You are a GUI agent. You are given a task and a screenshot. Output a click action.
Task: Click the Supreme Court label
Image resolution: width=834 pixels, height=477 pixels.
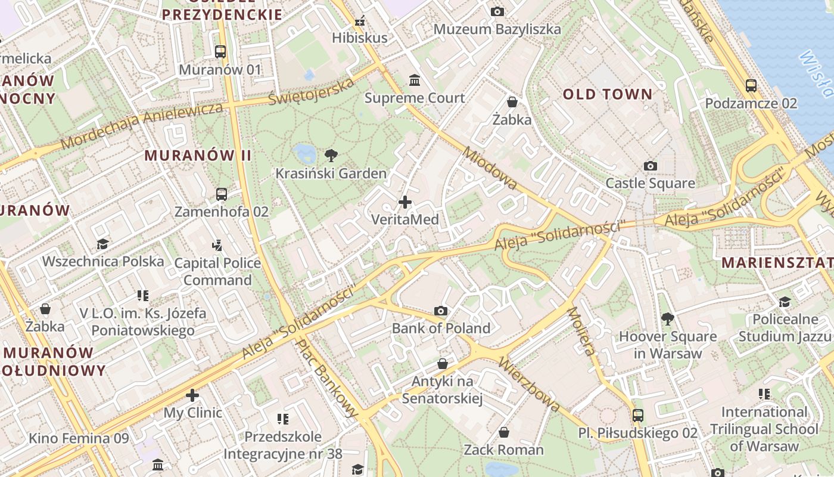click(415, 98)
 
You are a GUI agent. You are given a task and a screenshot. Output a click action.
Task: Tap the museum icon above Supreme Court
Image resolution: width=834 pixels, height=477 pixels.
click(415, 80)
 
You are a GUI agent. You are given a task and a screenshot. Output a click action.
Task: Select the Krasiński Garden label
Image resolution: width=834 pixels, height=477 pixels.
click(331, 174)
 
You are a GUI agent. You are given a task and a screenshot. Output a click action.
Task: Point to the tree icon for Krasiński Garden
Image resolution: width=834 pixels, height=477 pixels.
click(331, 156)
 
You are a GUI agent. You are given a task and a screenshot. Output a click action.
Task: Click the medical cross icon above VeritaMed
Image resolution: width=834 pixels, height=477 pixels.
click(405, 202)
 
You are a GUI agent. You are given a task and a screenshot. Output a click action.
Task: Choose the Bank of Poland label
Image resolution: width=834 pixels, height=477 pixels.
click(441, 328)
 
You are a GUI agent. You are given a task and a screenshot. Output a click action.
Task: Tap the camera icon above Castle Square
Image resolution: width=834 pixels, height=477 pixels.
click(651, 166)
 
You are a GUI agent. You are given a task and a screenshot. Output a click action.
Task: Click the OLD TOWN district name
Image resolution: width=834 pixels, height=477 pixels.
click(608, 94)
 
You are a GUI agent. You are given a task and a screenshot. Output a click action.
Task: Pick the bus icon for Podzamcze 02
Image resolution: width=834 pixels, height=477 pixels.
click(751, 86)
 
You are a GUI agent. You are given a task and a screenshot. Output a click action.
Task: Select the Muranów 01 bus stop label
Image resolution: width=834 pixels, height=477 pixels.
click(220, 70)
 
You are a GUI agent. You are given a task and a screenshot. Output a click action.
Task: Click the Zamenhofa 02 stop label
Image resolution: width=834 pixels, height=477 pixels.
click(222, 212)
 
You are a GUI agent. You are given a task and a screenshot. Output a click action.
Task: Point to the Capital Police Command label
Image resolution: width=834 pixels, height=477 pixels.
click(217, 271)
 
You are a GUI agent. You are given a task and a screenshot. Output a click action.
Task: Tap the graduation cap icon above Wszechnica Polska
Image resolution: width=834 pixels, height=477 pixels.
click(103, 244)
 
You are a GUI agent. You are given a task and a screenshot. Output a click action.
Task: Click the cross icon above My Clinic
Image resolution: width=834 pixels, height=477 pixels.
click(192, 395)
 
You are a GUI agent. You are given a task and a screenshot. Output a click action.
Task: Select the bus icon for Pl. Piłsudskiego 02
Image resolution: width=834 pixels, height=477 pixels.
click(638, 415)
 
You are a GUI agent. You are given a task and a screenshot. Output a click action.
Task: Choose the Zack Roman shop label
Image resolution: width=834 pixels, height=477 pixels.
click(504, 450)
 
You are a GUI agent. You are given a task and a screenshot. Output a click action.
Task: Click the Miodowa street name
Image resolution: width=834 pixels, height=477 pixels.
click(490, 169)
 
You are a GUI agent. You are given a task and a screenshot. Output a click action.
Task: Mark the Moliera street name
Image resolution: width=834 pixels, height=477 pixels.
click(581, 331)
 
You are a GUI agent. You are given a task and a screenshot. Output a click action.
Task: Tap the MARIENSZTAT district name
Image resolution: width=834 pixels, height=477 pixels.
click(777, 262)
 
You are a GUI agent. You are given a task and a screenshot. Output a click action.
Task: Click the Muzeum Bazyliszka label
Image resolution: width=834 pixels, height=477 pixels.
click(497, 29)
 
